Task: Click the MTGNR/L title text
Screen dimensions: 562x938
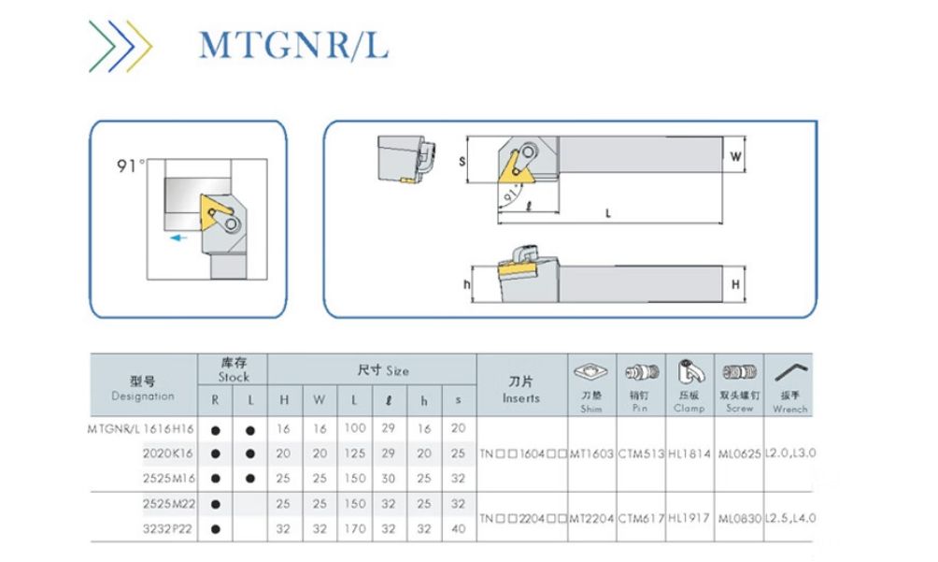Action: (293, 44)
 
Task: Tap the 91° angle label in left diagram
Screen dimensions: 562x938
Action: (131, 166)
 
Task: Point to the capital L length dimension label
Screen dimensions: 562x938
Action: (608, 213)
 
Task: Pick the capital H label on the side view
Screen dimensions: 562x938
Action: (736, 283)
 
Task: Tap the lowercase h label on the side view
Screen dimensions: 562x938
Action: (466, 283)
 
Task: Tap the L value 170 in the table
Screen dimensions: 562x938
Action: (354, 528)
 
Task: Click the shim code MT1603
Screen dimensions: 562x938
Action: (591, 454)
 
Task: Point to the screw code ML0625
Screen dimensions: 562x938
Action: (740, 454)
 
